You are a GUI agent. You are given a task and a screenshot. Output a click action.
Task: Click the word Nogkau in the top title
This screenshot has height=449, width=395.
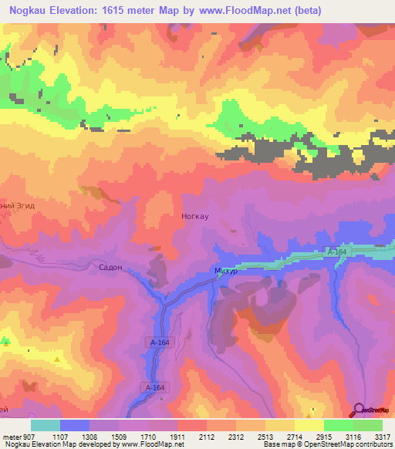(x=32, y=10)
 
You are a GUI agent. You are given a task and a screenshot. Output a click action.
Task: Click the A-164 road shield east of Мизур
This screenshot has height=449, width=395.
(x=336, y=252)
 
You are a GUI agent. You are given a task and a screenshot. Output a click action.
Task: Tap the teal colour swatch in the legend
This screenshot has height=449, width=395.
(x=46, y=426)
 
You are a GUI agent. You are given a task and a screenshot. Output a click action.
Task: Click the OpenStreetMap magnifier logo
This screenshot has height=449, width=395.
(x=359, y=410)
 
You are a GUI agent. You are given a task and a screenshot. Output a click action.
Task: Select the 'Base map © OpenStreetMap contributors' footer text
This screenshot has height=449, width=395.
(x=326, y=444)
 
